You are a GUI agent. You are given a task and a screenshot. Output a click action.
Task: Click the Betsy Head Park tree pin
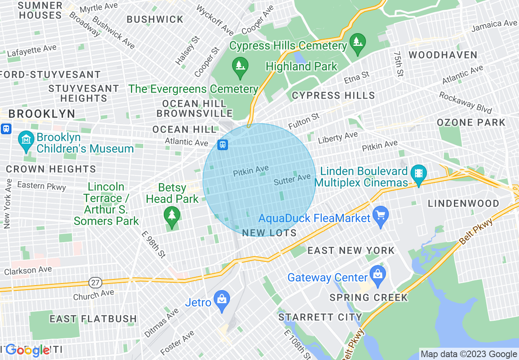pyautogui.click(x=171, y=216)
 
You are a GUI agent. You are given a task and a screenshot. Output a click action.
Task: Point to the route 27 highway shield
pyautogui.click(x=95, y=283)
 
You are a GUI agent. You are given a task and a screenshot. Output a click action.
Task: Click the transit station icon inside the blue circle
pyautogui.click(x=223, y=144)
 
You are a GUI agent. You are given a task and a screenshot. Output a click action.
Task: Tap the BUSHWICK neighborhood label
pyautogui.click(x=155, y=19)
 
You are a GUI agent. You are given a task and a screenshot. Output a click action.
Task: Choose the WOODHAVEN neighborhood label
pyautogui.click(x=443, y=55)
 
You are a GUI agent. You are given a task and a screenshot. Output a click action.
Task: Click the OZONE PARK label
pyautogui.click(x=471, y=122)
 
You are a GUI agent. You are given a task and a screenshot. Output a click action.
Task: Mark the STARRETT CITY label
pyautogui.click(x=320, y=317)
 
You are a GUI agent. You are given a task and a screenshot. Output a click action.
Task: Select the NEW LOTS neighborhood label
pyautogui.click(x=269, y=233)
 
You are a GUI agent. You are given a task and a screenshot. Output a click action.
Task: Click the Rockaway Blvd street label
pyautogui.click(x=465, y=103)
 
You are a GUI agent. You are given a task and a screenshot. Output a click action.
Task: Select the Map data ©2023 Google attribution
pyautogui.click(x=469, y=354)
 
